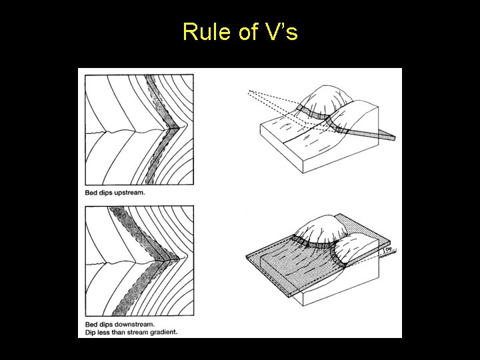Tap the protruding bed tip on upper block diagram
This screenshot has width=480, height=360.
click(392, 137)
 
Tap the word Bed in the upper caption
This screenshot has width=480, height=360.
click(91, 193)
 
